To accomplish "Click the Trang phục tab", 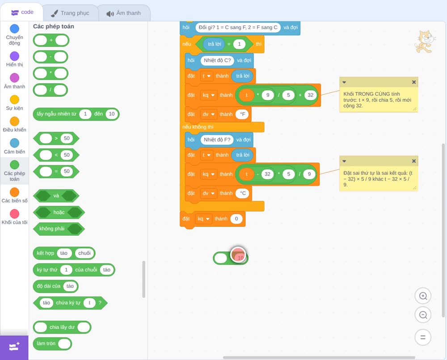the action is [71, 13].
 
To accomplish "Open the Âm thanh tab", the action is [124, 13].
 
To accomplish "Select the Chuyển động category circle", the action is [15, 29].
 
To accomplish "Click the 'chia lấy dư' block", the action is [62, 327].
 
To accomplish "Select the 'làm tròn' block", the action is [52, 343].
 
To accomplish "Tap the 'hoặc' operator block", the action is [59, 212].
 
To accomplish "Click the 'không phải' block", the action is [59, 229].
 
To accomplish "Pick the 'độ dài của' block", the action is [55, 286].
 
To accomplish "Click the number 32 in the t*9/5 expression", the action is [311, 95].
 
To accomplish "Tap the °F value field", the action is [243, 114].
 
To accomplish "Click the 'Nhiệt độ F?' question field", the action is [217, 139].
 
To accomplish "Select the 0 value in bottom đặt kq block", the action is [236, 219].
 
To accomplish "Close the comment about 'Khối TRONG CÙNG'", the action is [413, 82].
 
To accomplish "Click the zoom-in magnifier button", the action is [423, 296].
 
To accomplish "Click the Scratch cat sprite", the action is [425, 42].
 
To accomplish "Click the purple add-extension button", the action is [14, 347].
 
